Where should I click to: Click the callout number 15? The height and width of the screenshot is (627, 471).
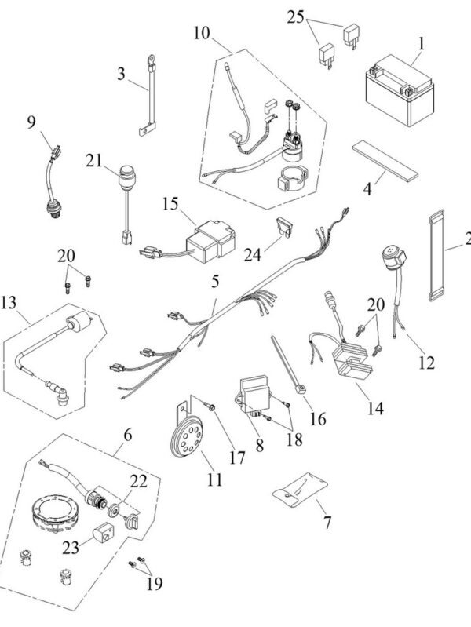tap(171, 206)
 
